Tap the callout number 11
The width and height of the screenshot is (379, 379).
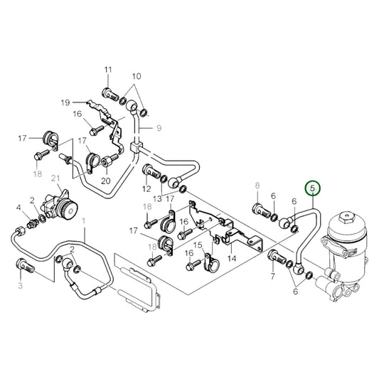point(108,70)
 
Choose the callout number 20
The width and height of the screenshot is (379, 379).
point(106,181)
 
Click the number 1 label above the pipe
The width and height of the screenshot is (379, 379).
point(84,222)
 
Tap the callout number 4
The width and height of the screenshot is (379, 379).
point(18,208)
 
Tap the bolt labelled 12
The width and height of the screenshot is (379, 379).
point(150,171)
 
